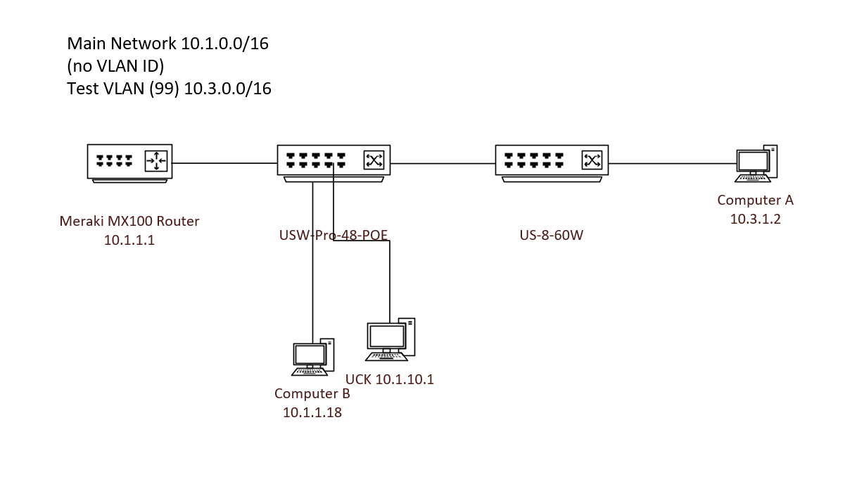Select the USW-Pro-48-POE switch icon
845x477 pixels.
[x=333, y=163]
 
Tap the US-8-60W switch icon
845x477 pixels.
[x=552, y=163]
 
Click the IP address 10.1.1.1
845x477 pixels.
[x=129, y=240]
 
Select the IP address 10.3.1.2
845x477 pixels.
[x=755, y=219]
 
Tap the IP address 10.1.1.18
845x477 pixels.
[x=312, y=413]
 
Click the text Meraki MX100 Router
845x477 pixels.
[x=129, y=222]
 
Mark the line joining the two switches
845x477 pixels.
[x=443, y=163]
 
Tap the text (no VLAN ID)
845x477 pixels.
[x=115, y=66]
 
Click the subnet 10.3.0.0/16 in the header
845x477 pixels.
[x=227, y=89]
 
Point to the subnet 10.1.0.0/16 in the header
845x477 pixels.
[x=224, y=44]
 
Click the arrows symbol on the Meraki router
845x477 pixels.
[x=155, y=161]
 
